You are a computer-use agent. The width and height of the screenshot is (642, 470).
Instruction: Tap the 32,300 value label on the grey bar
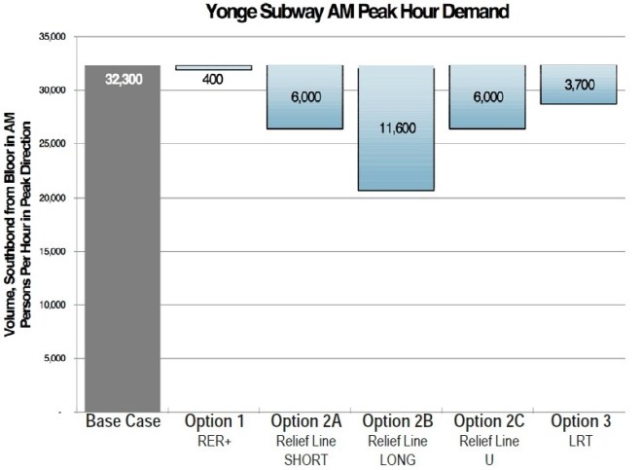tap(122, 78)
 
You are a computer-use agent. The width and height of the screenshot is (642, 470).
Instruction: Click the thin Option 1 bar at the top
tap(213, 67)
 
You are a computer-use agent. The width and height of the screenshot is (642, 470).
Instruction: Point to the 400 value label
tap(213, 79)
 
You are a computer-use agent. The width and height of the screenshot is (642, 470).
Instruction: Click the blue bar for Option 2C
tap(486, 97)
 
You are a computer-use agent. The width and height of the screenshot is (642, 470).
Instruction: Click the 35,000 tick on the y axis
tap(49, 36)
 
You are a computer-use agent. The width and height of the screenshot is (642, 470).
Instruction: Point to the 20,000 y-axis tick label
tap(49, 198)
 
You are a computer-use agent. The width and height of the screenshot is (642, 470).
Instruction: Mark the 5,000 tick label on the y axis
tap(52, 359)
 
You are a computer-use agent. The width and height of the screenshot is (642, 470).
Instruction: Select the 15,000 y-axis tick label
tap(49, 251)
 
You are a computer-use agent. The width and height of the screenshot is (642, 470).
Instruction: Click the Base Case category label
tap(122, 423)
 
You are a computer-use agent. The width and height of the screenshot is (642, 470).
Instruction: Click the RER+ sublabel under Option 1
tap(213, 440)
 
